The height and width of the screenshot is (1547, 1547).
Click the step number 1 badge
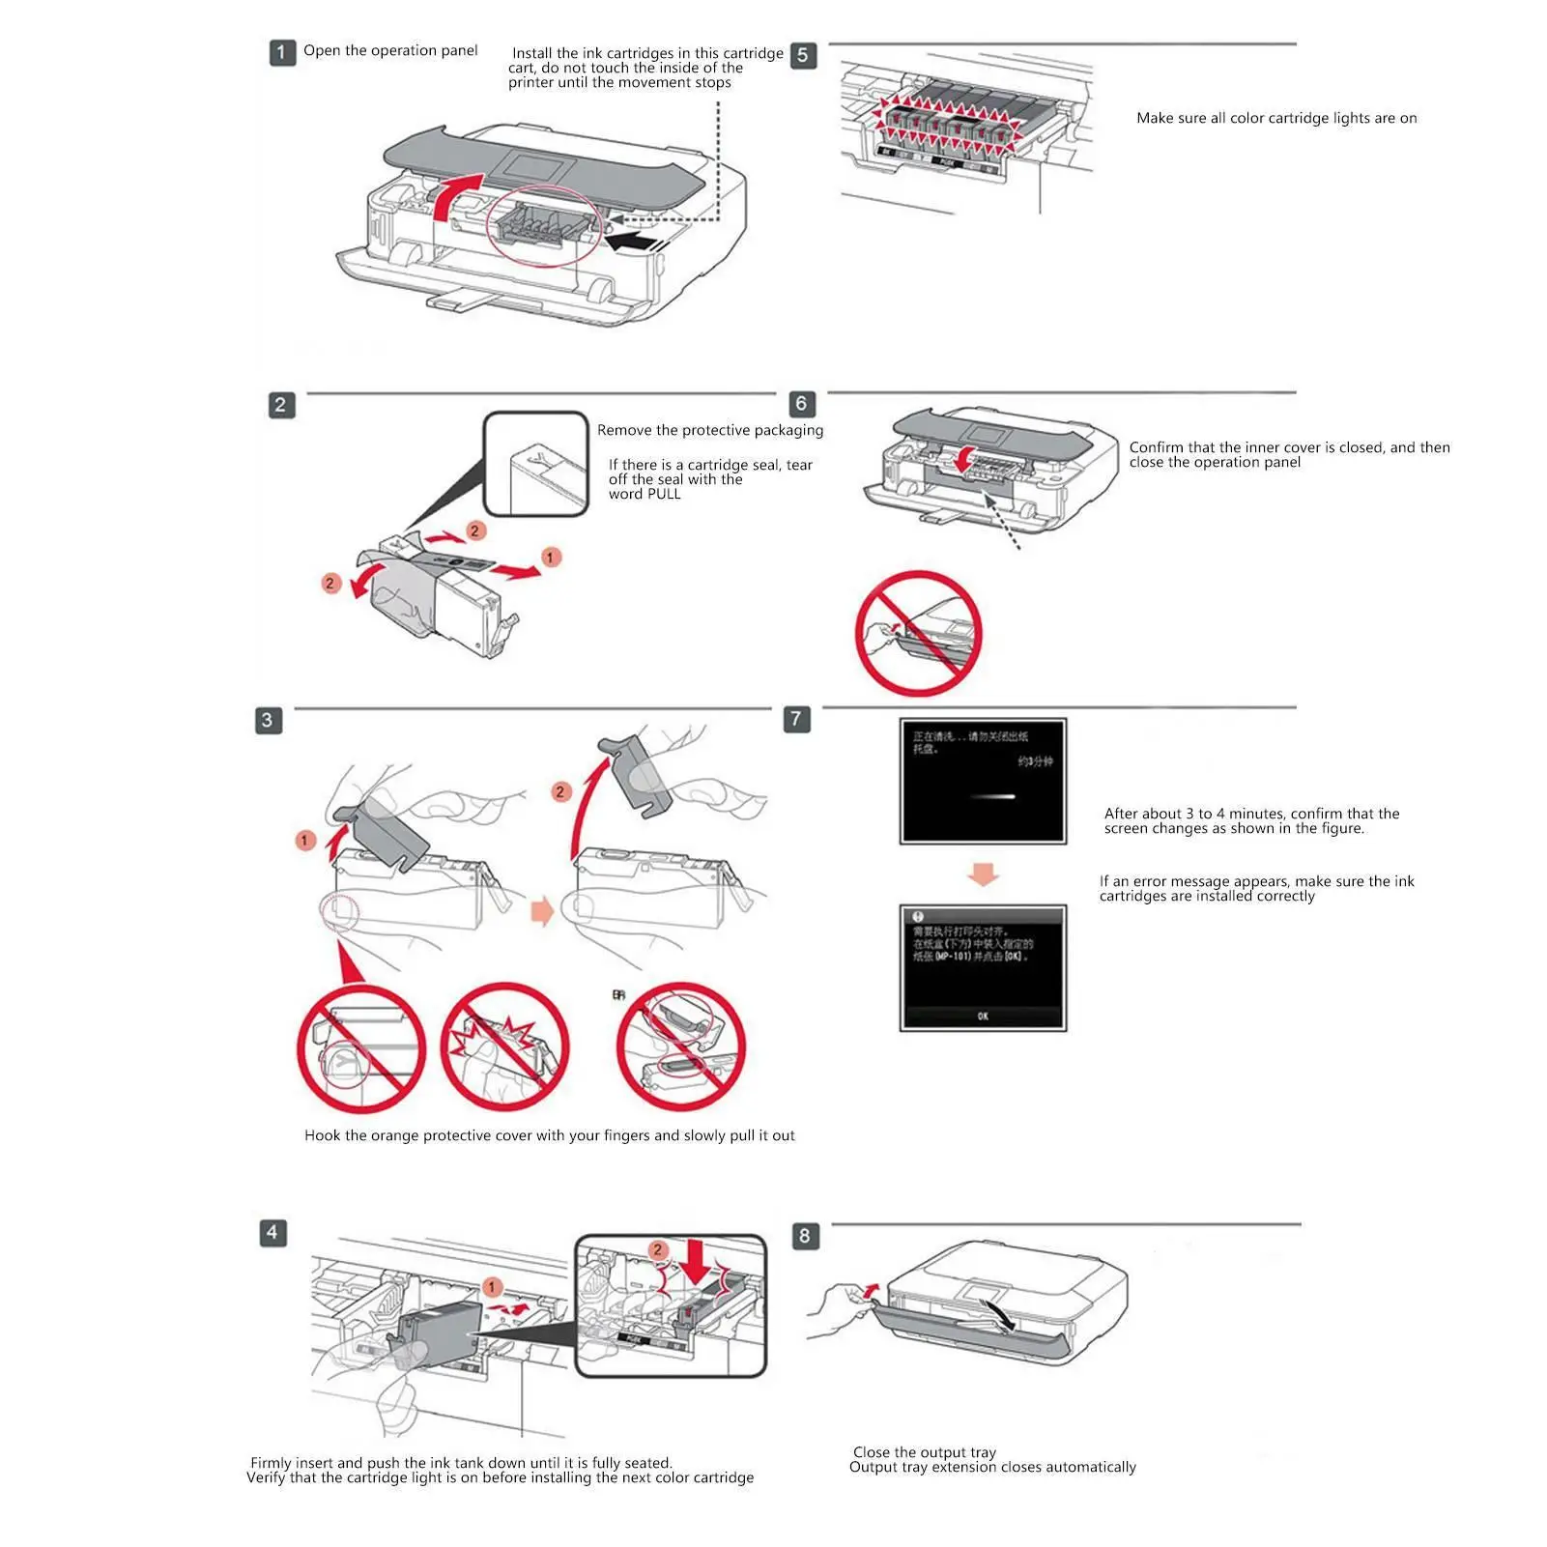pos(281,52)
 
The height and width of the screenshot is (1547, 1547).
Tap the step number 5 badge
pos(802,55)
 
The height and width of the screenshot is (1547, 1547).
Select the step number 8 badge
pos(805,1236)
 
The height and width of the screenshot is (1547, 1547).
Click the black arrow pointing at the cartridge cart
pos(634,240)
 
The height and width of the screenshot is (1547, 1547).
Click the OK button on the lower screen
pos(983,1016)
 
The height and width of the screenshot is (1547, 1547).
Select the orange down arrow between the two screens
pos(983,874)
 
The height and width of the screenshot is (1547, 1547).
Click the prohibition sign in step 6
pos(918,633)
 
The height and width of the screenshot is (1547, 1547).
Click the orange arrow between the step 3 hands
pos(543,911)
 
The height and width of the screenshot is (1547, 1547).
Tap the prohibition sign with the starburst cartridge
pos(504,1047)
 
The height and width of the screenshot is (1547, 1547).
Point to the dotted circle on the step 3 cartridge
pos(339,911)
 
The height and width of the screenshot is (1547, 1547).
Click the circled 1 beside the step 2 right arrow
pos(550,558)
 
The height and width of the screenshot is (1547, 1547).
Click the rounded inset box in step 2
pos(535,465)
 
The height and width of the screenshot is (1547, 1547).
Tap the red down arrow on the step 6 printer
pos(963,460)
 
